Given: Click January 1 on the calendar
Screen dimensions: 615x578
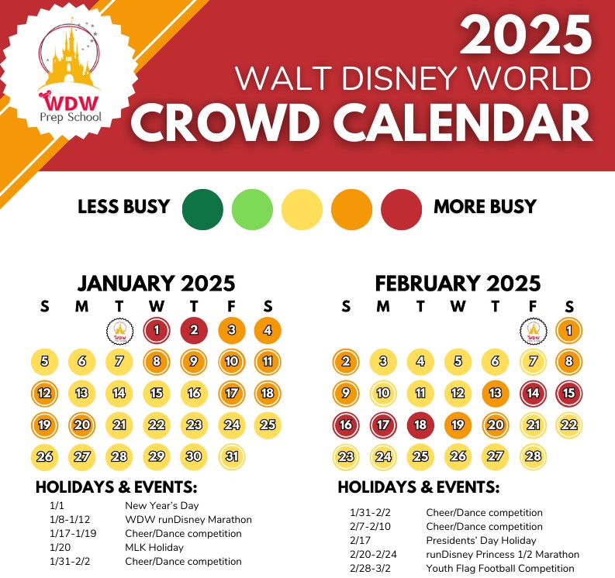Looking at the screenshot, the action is click(x=157, y=330).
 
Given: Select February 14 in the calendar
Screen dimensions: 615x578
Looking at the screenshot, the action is click(x=533, y=393).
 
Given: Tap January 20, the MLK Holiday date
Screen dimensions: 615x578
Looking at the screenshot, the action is click(x=81, y=425).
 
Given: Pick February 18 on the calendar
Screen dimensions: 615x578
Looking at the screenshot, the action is click(x=420, y=425).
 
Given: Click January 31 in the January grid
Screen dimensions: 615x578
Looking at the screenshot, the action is click(x=232, y=456).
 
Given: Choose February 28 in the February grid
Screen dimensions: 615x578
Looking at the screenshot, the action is click(x=533, y=456).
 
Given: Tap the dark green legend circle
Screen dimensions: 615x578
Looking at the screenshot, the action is click(x=202, y=209).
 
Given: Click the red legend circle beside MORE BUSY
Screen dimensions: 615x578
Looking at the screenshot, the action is click(x=401, y=209).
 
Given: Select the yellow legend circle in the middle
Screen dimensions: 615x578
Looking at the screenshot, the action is click(x=302, y=209).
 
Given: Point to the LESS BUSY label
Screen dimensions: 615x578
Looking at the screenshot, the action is click(x=124, y=207).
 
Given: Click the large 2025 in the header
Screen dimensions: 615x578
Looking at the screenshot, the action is click(x=526, y=35).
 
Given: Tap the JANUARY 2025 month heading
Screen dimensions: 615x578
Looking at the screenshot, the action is click(x=156, y=284).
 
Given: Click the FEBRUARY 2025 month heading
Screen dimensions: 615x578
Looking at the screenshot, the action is click(x=458, y=284).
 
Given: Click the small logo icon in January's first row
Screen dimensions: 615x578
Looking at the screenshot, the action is click(x=119, y=332).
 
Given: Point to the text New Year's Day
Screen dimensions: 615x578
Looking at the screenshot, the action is click(x=161, y=505).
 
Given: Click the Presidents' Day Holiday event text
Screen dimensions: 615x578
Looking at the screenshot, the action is click(x=481, y=540).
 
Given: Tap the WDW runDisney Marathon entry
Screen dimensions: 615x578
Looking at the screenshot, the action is click(x=188, y=520).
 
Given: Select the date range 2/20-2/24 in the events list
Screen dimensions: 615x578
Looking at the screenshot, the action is click(x=373, y=555).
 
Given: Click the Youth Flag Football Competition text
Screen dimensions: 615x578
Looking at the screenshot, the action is click(x=500, y=568).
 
